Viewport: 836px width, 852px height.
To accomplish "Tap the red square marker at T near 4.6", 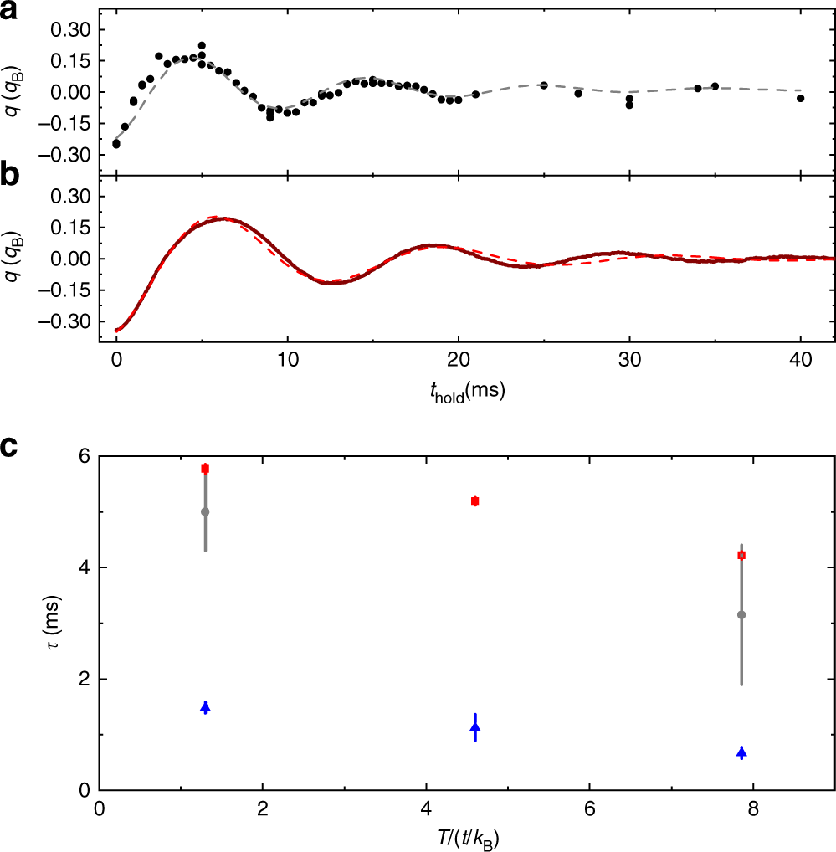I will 475,501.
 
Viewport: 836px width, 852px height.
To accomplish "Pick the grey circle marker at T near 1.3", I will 205,511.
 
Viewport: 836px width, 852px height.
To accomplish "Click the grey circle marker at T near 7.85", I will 741,615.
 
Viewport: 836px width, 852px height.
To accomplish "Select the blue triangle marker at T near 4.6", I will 475,727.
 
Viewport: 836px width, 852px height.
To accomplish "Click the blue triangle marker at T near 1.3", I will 205,708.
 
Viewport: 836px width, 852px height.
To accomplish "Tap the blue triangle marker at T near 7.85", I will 741,752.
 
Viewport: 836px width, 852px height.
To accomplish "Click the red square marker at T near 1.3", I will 205,469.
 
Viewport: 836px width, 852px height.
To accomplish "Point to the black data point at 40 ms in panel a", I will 800,99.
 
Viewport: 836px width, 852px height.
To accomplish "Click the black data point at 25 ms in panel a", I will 544,85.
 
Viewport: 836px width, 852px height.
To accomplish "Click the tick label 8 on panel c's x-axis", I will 753,810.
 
